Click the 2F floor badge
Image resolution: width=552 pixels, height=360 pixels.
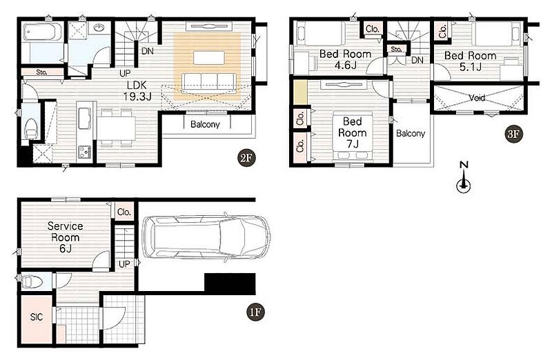pyautogui.click(x=246, y=158)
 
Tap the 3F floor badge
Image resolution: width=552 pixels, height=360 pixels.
pyautogui.click(x=513, y=134)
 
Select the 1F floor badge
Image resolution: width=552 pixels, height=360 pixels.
pyautogui.click(x=255, y=312)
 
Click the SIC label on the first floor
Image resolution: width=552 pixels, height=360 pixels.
pyautogui.click(x=37, y=317)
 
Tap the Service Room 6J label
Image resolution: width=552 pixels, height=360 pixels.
pyautogui.click(x=65, y=237)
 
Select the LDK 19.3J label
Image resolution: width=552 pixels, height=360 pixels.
pyautogui.click(x=137, y=91)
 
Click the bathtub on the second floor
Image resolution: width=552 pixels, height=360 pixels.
pyautogui.click(x=39, y=33)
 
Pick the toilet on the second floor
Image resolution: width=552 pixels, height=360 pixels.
pyautogui.click(x=31, y=129)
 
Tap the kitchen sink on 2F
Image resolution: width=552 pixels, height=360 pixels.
pyautogui.click(x=85, y=118)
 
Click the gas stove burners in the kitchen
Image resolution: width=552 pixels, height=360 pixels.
pyautogui.click(x=84, y=152)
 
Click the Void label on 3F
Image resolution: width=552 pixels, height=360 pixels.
pyautogui.click(x=477, y=97)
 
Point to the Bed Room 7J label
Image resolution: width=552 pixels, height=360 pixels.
pyautogui.click(x=353, y=132)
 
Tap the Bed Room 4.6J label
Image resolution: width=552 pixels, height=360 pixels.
pyautogui.click(x=346, y=59)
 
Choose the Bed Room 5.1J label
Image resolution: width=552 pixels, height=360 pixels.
pyautogui.click(x=471, y=61)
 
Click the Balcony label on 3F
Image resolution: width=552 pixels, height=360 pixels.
pyautogui.click(x=411, y=133)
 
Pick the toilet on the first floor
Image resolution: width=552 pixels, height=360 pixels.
pyautogui.click(x=32, y=281)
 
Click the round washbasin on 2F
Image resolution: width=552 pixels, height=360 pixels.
pyautogui.click(x=99, y=28)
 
